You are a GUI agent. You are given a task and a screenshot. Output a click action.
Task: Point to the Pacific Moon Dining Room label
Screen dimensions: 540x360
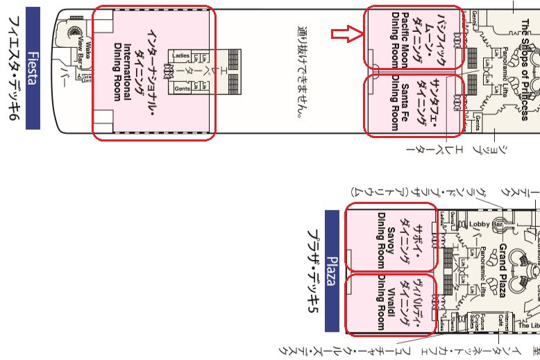[400, 37]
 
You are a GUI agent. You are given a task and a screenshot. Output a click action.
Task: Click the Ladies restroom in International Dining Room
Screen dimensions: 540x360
[181, 55]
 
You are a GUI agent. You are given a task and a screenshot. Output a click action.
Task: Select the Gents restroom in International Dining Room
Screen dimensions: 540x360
[182, 89]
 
